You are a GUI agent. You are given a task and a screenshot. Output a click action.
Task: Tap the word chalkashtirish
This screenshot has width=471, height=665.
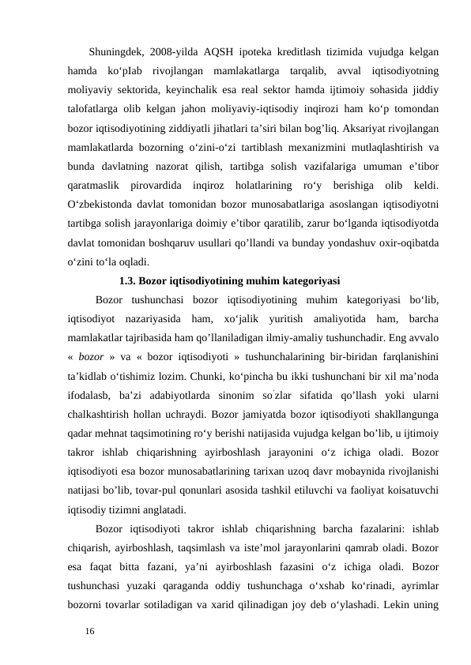pos(105,411)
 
